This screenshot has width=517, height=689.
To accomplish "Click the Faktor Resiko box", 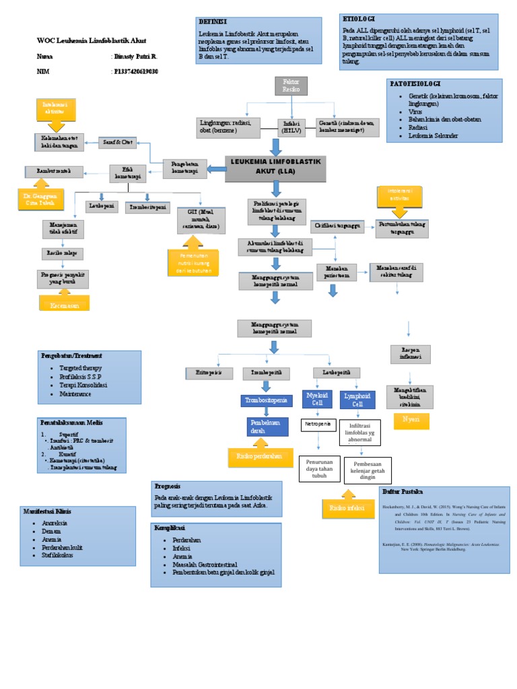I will coord(291,86).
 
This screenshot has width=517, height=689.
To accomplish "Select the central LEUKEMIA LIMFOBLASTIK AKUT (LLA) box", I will coord(275,168).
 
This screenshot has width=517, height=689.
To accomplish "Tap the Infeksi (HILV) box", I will coord(291,126).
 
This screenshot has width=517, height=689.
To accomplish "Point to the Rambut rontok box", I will coord(55,172).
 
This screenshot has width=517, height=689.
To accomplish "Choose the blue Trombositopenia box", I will coord(267,401).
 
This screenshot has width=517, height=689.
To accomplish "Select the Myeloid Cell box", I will coord(317,400).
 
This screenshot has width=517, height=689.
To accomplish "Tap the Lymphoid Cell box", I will coord(357,400).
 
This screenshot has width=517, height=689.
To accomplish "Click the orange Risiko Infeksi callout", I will coord(347,508).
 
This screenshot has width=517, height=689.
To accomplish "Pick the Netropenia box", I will coord(318,426).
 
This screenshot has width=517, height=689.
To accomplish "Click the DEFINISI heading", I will coord(213,22).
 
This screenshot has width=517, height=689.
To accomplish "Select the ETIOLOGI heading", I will coord(359,18).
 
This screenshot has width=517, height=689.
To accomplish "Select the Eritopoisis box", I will coord(203,372).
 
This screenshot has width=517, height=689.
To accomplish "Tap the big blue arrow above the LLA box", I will coord(275,146).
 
